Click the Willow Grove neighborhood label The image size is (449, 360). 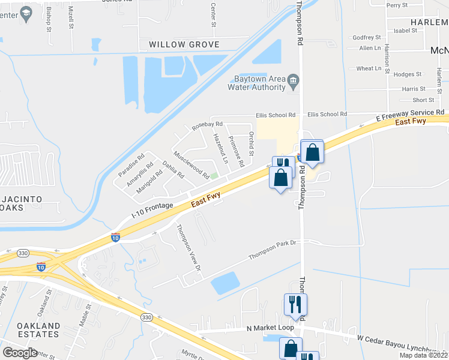point(184,44)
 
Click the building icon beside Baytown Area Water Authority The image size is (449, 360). point(293,80)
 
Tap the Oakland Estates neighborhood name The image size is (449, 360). point(38,330)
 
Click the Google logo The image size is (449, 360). point(20,352)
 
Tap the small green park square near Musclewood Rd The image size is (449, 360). point(214,176)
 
